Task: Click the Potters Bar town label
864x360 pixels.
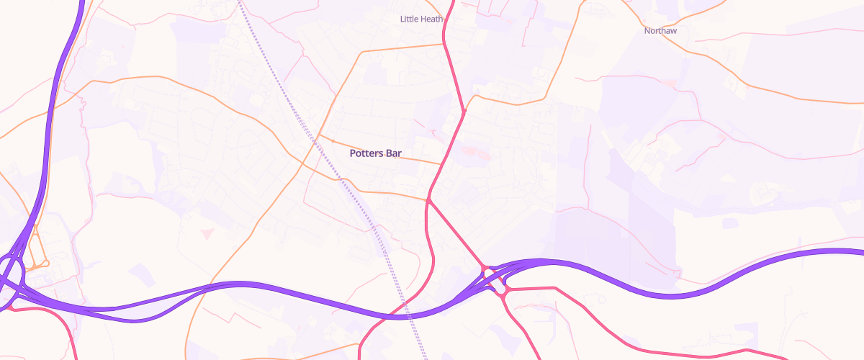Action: click(x=375, y=153)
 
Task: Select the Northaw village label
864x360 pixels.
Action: click(x=660, y=31)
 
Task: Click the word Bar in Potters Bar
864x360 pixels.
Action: click(x=393, y=153)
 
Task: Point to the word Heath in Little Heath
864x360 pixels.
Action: click(x=428, y=19)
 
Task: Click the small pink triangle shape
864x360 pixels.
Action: click(x=207, y=233)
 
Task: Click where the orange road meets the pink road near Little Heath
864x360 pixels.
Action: click(x=444, y=45)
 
